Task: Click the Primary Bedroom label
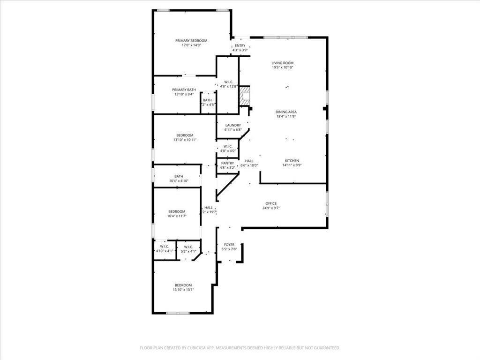click(191, 41)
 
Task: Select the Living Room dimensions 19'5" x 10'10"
click(283, 67)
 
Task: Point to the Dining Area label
click(286, 112)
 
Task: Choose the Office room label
click(271, 203)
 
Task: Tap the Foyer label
click(229, 245)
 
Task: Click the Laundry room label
click(233, 125)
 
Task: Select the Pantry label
click(228, 163)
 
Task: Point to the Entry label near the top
click(240, 45)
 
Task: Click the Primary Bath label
click(184, 90)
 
